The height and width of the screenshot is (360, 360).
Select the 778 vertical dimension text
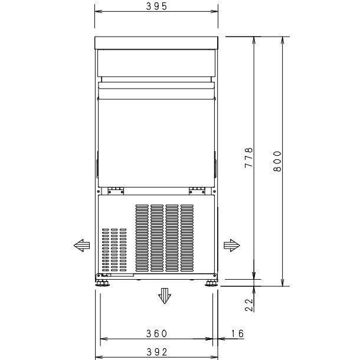[249, 158]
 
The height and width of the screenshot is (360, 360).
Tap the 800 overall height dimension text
[278, 161]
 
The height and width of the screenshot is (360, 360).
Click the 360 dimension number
[157, 334]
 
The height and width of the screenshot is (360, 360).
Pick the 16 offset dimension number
[237, 334]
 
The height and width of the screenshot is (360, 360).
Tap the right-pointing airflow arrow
[231, 244]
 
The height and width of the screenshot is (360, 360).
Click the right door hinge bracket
[197, 190]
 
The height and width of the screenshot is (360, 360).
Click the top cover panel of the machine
[157, 42]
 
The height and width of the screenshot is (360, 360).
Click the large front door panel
[156, 136]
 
